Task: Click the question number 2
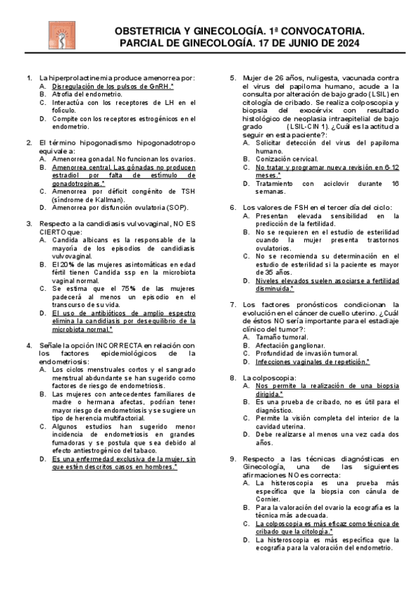coord(29,142)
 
